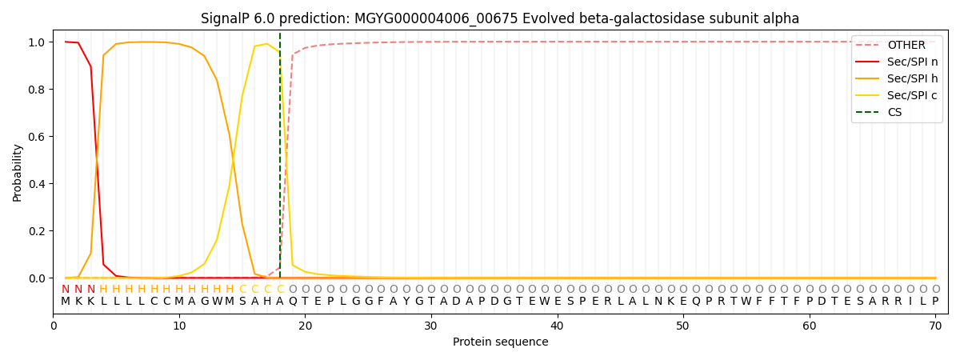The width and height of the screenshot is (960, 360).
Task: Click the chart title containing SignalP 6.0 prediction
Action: coord(500,18)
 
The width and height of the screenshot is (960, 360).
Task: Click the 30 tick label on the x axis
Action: coord(430,326)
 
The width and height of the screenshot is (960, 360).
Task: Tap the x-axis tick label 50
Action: coord(682,326)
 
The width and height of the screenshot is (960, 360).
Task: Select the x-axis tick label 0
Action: coord(54,326)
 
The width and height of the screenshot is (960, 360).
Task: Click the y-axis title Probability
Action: coord(17,172)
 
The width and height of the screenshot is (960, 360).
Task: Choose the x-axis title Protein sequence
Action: coord(500,342)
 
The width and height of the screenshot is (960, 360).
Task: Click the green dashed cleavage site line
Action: coord(280,160)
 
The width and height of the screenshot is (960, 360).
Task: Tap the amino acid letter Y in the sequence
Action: coord(406,302)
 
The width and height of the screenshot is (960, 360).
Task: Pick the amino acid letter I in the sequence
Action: coord(910,302)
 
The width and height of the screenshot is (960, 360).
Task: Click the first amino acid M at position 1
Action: coord(66,302)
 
